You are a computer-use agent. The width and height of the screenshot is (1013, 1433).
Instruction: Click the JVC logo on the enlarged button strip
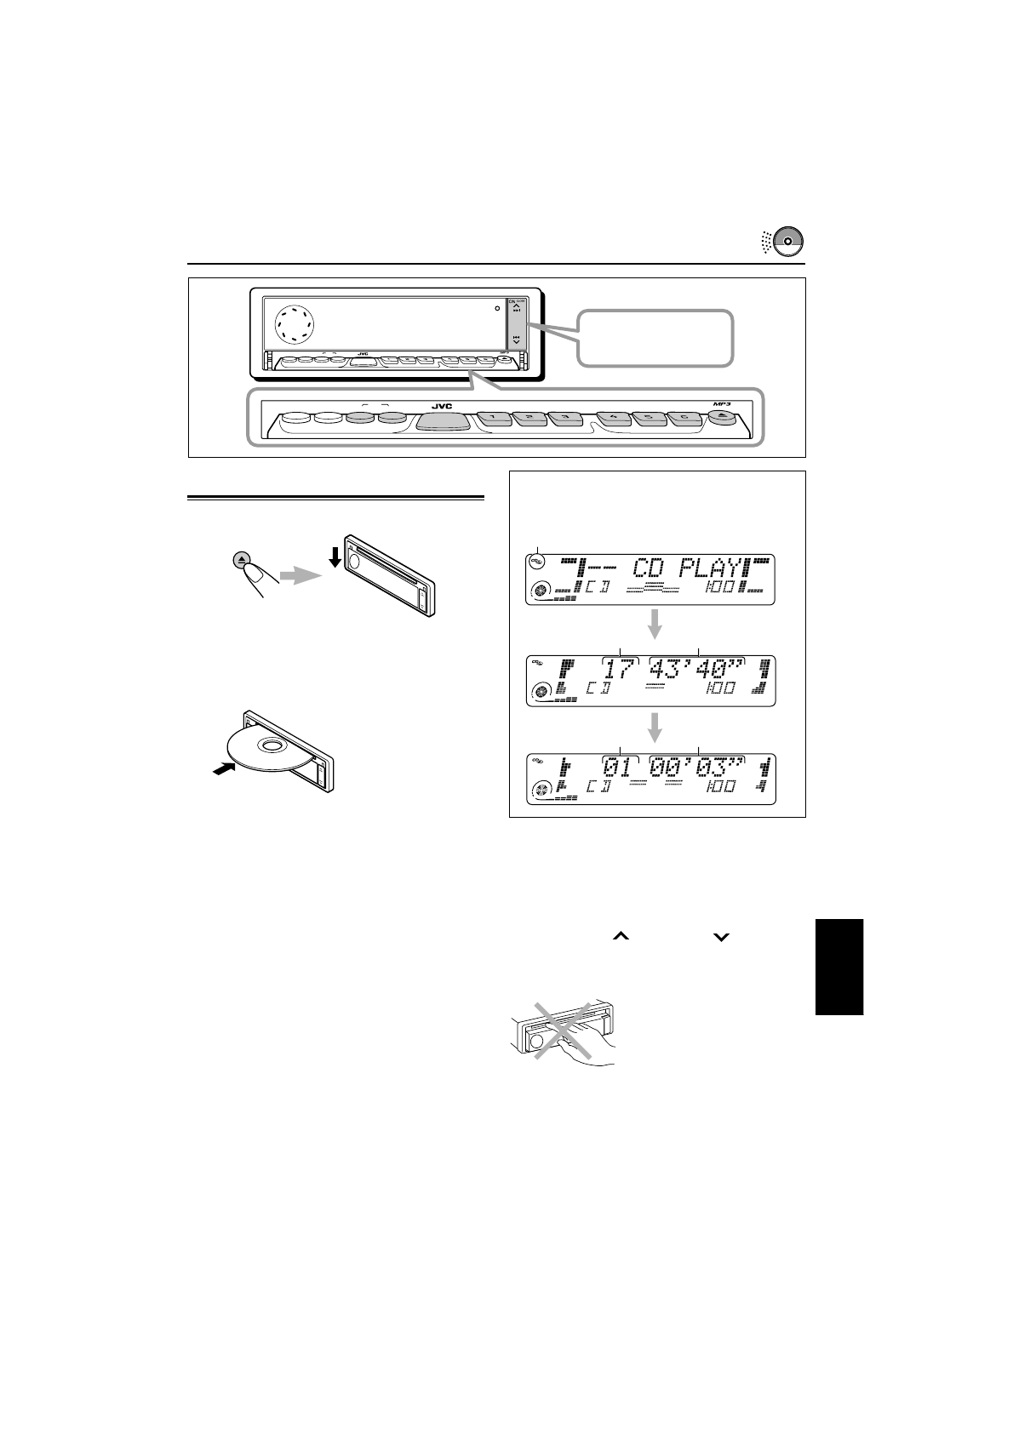441,407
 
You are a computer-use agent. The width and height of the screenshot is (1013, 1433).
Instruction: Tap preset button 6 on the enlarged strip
684,419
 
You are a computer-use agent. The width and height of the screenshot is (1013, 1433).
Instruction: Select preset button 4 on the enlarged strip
614,419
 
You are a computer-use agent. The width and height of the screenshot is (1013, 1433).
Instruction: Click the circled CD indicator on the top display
537,562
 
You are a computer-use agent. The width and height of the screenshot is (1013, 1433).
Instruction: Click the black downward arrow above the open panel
335,557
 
